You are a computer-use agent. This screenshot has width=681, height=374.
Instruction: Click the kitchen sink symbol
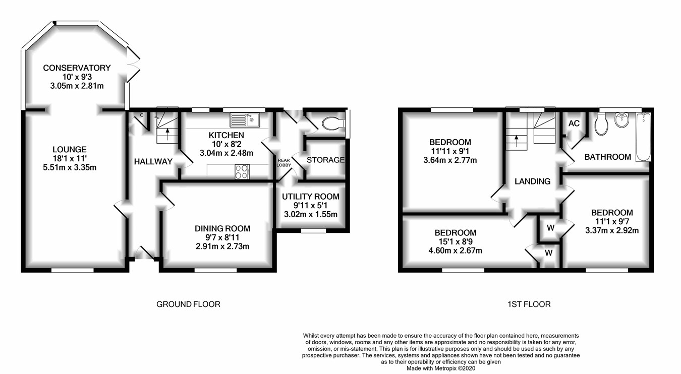click(x=245, y=119)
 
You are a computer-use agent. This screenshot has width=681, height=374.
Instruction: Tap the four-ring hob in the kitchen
click(x=242, y=172)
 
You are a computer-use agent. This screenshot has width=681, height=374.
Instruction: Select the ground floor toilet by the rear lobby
click(x=333, y=123)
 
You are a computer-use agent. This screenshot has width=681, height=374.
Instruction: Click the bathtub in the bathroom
click(x=644, y=137)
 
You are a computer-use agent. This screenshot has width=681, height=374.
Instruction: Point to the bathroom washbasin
click(x=621, y=120)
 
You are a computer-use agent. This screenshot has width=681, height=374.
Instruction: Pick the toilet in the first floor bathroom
click(x=601, y=124)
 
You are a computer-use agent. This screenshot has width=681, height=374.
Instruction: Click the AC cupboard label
click(x=574, y=123)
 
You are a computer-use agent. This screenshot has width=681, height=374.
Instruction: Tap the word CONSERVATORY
click(x=77, y=68)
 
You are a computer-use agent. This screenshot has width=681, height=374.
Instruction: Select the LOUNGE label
click(x=70, y=150)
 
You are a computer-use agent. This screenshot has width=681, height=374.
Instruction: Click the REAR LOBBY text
click(x=283, y=163)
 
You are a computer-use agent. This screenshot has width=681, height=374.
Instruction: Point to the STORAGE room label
click(x=325, y=160)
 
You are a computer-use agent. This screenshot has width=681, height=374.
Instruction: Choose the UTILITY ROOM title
click(x=311, y=197)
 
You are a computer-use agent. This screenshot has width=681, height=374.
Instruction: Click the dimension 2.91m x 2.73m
click(x=222, y=246)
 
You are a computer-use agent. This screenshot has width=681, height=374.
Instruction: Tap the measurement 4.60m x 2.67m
click(x=456, y=251)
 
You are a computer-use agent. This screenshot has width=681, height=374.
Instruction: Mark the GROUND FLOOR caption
click(x=188, y=304)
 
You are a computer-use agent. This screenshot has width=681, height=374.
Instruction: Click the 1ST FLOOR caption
click(x=529, y=304)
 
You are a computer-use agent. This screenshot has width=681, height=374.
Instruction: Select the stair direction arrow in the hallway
click(x=167, y=134)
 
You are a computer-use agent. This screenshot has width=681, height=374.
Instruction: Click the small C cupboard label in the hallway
click(x=142, y=115)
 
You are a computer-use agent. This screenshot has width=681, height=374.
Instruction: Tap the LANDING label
click(x=533, y=181)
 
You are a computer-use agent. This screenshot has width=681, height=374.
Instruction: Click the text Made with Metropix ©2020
click(x=441, y=368)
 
